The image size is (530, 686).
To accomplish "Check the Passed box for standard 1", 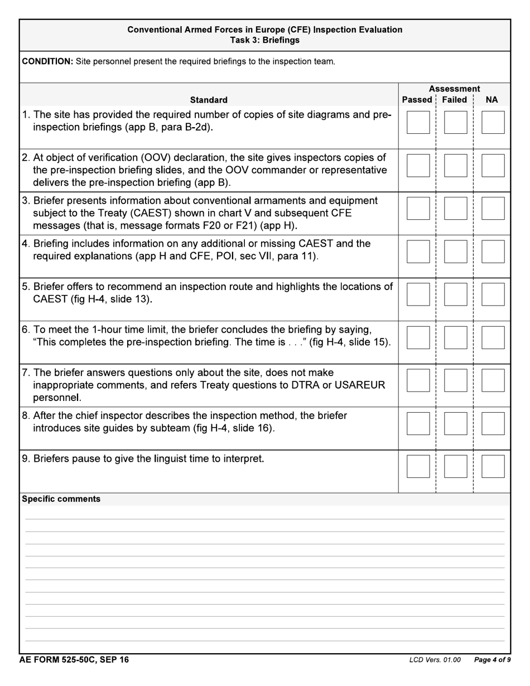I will (418, 122).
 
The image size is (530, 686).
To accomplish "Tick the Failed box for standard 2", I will (455, 165).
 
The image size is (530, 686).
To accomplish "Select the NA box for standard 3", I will (493, 208).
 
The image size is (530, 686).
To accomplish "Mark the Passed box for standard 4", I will (418, 251).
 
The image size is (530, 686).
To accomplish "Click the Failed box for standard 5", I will (455, 294).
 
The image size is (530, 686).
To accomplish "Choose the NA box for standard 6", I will (493, 337).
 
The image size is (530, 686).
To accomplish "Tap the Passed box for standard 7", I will (418, 380).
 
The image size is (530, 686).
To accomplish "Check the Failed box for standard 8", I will (455, 423).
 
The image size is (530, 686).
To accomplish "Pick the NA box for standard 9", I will (493, 466).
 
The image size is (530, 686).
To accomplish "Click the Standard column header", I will (209, 100).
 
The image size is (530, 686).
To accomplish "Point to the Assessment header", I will (454, 89).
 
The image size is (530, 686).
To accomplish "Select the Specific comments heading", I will (61, 499).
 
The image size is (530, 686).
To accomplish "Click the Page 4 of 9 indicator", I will (492, 660).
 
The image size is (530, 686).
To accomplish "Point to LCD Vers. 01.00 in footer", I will (435, 660).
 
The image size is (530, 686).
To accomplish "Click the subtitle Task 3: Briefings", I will (265, 40).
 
